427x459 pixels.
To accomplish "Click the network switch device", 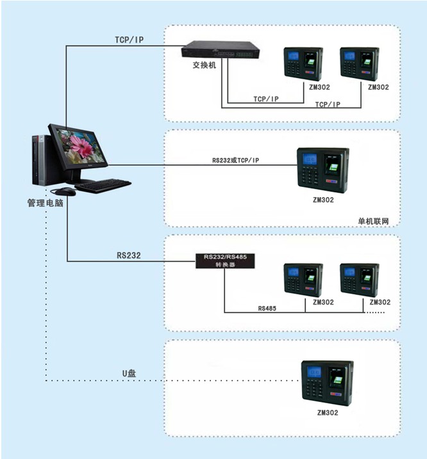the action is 221,49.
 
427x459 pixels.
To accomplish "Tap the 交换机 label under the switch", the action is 205,65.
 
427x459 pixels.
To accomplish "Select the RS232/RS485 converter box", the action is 225,261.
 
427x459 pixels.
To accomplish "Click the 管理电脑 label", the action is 45,203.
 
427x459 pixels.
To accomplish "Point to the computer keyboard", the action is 103,186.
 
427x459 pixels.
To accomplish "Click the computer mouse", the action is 65,191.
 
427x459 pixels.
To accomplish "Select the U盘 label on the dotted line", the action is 129,373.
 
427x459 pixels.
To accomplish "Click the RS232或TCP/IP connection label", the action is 235,160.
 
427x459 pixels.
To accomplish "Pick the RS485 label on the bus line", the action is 267,309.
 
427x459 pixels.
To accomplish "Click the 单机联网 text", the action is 373,221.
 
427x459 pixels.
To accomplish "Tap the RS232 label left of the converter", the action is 129,255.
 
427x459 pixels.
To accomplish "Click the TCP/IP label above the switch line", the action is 130,40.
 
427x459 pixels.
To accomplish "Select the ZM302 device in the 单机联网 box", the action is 323,170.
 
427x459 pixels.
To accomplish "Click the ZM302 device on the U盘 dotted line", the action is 327,383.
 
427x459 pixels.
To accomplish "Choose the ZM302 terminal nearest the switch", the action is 303,64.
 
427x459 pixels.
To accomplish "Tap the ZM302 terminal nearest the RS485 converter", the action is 303,280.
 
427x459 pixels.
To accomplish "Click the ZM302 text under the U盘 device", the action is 328,412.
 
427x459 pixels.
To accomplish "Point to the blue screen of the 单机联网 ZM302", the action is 310,159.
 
